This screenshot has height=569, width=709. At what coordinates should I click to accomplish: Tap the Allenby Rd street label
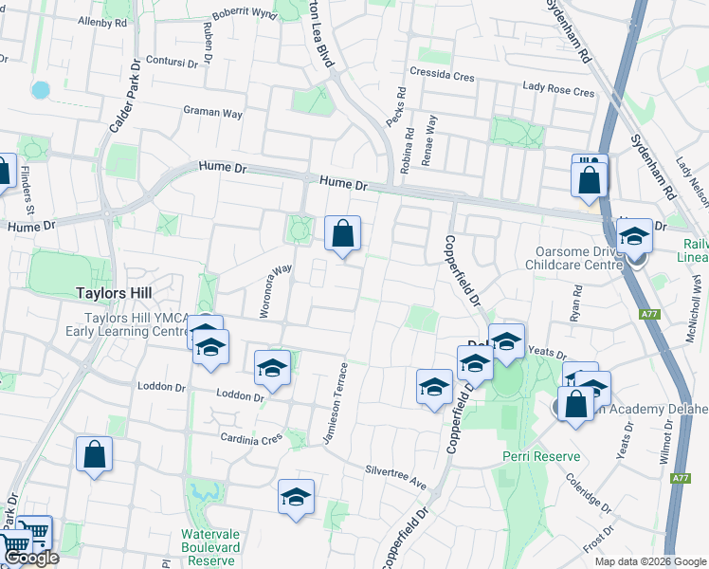coord(102,22)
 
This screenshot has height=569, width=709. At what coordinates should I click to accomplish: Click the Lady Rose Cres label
coord(558,92)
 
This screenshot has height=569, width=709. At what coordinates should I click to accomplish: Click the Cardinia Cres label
coord(251,439)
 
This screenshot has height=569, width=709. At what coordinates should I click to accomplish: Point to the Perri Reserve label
coord(541,456)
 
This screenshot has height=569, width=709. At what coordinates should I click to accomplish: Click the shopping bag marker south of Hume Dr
coord(342,232)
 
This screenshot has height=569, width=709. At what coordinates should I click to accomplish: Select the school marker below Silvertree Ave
coord(296,496)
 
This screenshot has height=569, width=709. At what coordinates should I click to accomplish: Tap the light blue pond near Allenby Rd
coord(40,90)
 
